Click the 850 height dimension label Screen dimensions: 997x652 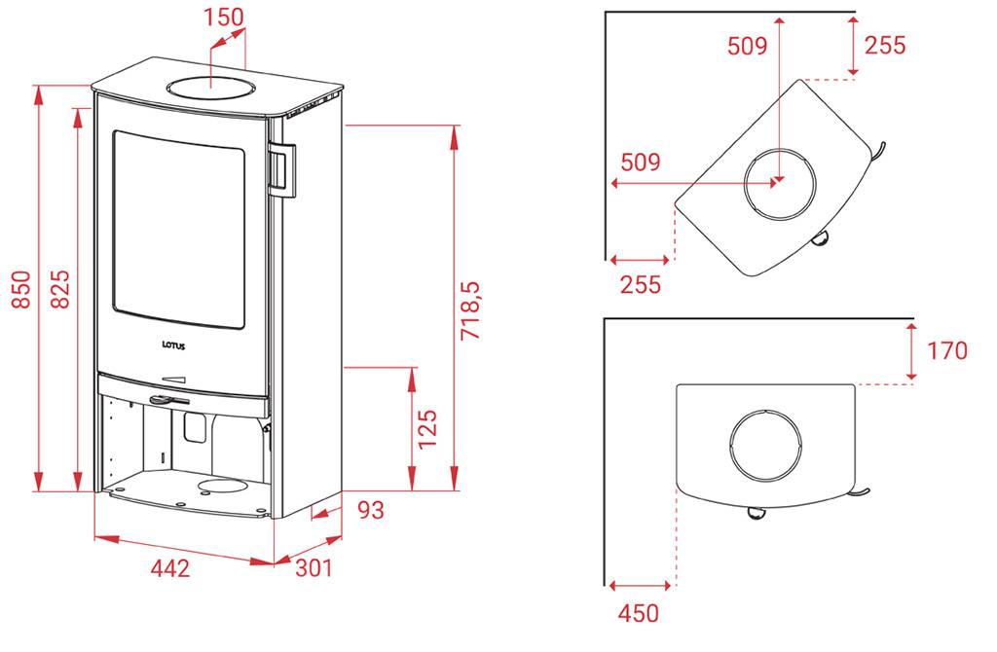tap(21, 290)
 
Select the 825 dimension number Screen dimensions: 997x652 tap(59, 289)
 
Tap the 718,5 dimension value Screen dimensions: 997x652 tap(472, 310)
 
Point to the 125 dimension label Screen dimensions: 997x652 tap(428, 428)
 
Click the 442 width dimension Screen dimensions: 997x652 tap(169, 567)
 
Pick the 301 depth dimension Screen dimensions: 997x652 tap(314, 567)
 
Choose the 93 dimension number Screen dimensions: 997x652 tap(371, 510)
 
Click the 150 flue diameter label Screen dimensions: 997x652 tap(223, 18)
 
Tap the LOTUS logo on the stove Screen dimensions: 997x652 tap(173, 345)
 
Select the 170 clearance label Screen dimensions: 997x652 tap(946, 350)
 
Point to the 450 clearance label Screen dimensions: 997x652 tap(639, 613)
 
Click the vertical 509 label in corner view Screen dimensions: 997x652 tap(747, 46)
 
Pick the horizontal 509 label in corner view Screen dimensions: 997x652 tap(641, 163)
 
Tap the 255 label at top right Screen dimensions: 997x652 tap(884, 45)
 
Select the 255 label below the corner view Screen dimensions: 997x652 tap(641, 284)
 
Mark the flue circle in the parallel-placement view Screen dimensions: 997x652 tap(765, 444)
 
